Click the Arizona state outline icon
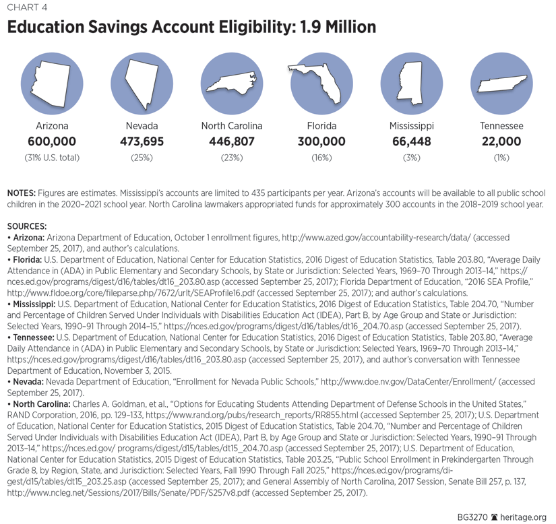tap(51, 83)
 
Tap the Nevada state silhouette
tap(141, 83)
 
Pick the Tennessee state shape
tap(501, 84)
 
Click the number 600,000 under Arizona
tap(51, 141)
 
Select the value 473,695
tap(142, 141)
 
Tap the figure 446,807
tap(231, 141)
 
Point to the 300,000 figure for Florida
tap(321, 141)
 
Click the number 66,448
tap(411, 141)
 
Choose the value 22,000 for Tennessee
tap(501, 141)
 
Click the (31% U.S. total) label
tap(51, 158)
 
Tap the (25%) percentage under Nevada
tap(142, 158)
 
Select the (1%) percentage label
tap(501, 158)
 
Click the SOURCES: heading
tap(26, 226)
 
